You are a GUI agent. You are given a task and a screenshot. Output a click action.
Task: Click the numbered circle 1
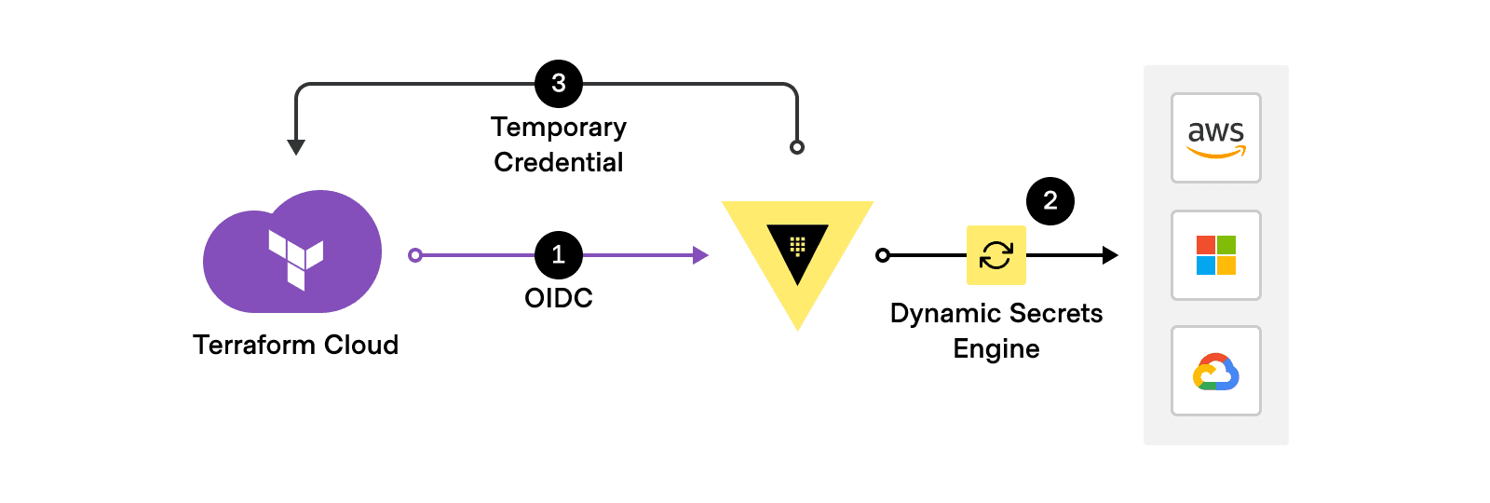click(559, 254)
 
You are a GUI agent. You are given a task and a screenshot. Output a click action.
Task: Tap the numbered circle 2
click(1050, 201)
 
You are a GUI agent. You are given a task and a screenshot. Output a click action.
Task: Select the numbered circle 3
click(559, 84)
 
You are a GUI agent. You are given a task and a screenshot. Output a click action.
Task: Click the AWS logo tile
click(1215, 138)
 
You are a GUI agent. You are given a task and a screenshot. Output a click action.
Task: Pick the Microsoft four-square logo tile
click(1215, 255)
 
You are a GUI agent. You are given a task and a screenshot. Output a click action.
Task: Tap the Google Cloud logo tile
click(1215, 371)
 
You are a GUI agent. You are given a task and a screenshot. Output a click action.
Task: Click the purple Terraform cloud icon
click(293, 253)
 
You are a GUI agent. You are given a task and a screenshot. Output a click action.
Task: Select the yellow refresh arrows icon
click(996, 255)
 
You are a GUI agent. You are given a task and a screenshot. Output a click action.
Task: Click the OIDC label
click(559, 298)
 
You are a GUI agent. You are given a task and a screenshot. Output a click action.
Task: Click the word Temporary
click(559, 127)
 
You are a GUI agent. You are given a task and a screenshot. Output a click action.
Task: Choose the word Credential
click(559, 162)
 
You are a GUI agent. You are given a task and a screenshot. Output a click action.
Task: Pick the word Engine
click(996, 349)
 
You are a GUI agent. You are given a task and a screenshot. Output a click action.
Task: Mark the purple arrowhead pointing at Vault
click(700, 255)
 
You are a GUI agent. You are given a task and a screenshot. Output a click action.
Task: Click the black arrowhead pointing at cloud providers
click(1109, 255)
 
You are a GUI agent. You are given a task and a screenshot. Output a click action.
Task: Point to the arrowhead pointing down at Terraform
click(296, 147)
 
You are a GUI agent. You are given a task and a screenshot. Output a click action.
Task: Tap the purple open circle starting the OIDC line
click(415, 255)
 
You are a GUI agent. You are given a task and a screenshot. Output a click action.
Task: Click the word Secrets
click(1057, 314)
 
